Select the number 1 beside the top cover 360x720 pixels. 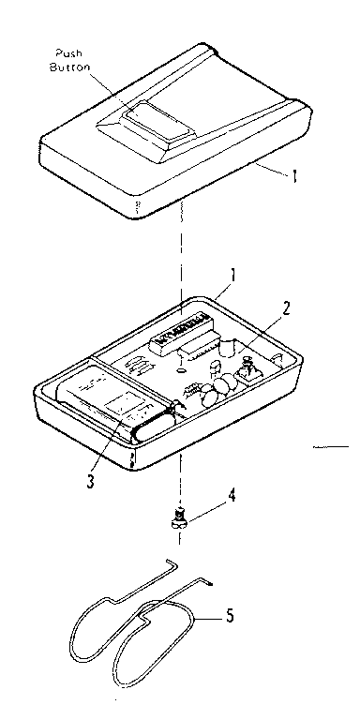297,175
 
